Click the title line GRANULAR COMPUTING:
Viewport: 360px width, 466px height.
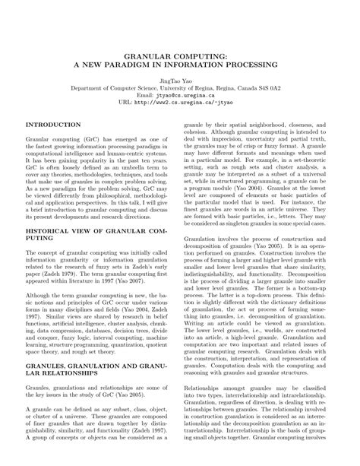pyautogui.click(x=179, y=55)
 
